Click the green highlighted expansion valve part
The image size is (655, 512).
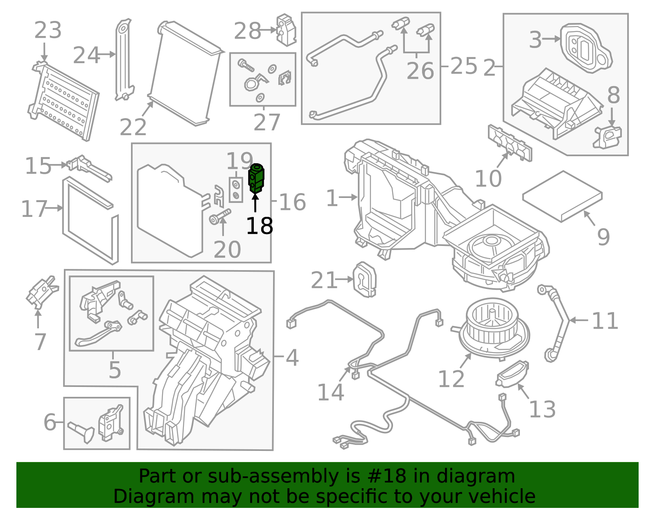point(256,178)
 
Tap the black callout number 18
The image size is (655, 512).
point(259,226)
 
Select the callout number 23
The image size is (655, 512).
point(48,30)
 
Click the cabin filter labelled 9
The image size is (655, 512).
point(562,196)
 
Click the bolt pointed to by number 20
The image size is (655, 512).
point(220,216)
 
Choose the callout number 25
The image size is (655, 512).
point(463,66)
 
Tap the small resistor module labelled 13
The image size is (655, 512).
point(512,373)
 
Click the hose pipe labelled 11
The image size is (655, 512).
point(557,324)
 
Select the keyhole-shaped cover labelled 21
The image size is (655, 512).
point(364,279)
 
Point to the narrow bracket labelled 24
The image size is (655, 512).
point(124,59)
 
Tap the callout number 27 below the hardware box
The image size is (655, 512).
point(267,122)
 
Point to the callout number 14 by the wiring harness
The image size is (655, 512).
point(330,392)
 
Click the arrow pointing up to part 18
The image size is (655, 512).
point(255,203)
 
